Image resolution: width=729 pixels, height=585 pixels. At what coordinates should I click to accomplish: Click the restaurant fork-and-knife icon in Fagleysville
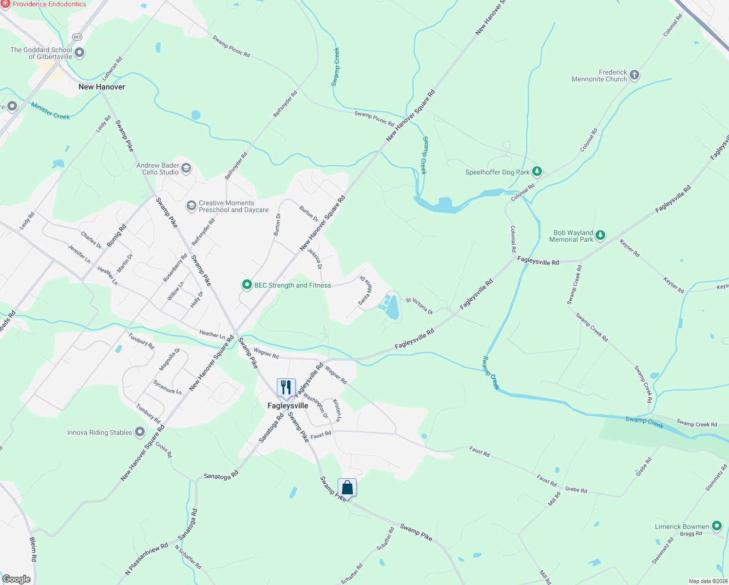(286, 388)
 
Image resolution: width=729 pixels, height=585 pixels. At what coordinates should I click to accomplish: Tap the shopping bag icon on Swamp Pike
(347, 487)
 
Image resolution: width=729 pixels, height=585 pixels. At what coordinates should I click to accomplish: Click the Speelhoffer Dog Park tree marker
(537, 171)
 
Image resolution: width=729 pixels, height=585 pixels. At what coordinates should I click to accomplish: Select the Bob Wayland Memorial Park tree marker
(600, 235)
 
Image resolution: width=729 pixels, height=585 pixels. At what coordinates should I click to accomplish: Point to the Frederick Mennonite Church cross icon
(634, 75)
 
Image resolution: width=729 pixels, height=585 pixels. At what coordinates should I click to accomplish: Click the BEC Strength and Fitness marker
(247, 285)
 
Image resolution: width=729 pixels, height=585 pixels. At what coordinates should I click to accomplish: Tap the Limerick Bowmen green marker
(716, 526)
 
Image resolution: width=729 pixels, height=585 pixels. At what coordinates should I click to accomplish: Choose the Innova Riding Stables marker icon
(140, 432)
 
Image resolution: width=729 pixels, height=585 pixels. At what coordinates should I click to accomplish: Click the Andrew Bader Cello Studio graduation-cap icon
(186, 169)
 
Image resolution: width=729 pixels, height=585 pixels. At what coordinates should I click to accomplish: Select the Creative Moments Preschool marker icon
(192, 206)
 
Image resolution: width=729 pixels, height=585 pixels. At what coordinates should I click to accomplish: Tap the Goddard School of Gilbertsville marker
(79, 53)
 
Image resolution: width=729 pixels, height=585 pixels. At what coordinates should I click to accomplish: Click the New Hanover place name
(102, 87)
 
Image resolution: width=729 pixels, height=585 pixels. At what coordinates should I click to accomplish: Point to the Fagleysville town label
(288, 406)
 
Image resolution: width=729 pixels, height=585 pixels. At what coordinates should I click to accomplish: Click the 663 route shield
(77, 37)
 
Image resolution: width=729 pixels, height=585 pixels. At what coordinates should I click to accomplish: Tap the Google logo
(16, 579)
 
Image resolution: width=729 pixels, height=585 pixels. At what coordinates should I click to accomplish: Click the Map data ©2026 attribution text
(708, 581)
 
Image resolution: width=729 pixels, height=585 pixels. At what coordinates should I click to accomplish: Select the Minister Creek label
(50, 111)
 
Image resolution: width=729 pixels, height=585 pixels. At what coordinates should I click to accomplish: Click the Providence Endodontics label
(49, 4)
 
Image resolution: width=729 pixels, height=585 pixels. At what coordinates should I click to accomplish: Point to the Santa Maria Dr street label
(365, 291)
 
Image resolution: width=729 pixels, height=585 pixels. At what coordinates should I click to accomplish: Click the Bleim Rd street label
(33, 549)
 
